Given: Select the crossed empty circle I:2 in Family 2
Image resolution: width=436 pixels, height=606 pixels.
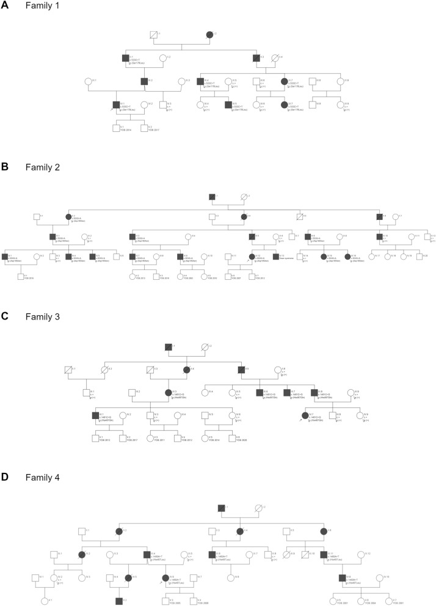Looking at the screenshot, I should [244, 197].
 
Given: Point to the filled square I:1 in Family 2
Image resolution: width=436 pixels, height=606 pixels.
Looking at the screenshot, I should [211, 197].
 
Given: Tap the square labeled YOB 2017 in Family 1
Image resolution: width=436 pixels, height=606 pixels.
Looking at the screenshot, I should [144, 128].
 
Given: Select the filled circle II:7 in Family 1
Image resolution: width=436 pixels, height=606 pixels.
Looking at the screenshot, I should [284, 81].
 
